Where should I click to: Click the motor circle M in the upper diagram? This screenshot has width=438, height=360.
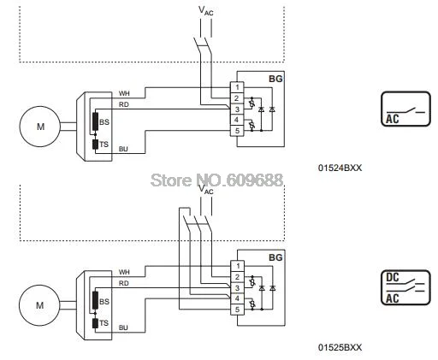(x=40, y=127)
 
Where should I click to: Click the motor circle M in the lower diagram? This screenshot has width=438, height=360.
(x=39, y=305)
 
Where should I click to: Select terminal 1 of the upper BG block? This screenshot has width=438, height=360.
(x=237, y=87)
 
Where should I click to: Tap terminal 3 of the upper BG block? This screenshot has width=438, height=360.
(x=237, y=109)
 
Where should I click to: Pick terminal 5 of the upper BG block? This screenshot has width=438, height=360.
(x=237, y=131)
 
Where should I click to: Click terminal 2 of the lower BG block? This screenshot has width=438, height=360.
(x=237, y=277)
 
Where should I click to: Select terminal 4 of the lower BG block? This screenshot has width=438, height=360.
(x=237, y=298)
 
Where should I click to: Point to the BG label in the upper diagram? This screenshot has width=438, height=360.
(x=275, y=79)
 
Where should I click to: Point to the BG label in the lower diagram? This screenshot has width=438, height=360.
(x=275, y=257)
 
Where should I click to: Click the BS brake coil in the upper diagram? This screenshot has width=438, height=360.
(x=95, y=122)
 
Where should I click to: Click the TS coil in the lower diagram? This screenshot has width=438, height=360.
(x=95, y=323)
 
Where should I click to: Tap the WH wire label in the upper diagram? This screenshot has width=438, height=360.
(x=124, y=93)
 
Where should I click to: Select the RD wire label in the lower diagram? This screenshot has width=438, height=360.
(x=124, y=283)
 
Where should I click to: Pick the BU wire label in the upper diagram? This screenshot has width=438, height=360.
(x=123, y=149)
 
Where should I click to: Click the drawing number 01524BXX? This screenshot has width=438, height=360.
(x=340, y=168)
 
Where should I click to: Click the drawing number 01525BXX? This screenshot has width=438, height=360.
(x=340, y=347)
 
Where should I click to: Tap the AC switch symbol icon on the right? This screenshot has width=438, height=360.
(x=405, y=109)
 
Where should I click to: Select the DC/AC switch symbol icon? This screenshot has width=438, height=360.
(x=405, y=287)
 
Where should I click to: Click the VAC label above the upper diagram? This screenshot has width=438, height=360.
(x=206, y=11)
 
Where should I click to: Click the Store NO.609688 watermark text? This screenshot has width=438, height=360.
(x=216, y=180)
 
